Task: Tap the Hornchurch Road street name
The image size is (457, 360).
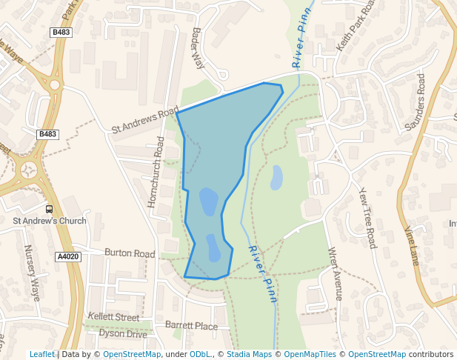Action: (x=159, y=170)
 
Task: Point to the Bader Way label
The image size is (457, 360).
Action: (x=198, y=49)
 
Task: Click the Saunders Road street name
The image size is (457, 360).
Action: (x=416, y=102)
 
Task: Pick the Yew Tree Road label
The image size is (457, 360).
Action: (x=367, y=216)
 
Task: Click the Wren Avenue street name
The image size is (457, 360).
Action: (x=336, y=273)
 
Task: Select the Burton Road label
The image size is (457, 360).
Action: (x=130, y=253)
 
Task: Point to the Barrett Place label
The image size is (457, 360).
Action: (x=191, y=326)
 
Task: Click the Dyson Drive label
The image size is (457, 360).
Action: (x=123, y=334)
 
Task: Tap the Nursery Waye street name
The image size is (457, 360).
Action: (x=33, y=273)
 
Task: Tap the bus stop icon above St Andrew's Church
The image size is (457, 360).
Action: (x=49, y=209)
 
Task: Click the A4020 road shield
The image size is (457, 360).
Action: (x=67, y=257)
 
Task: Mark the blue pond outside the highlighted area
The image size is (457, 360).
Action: (x=276, y=178)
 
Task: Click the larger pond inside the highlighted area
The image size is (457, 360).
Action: (x=209, y=201)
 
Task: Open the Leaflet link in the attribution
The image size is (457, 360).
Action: (x=41, y=354)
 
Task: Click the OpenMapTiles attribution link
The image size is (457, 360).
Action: (x=311, y=354)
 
